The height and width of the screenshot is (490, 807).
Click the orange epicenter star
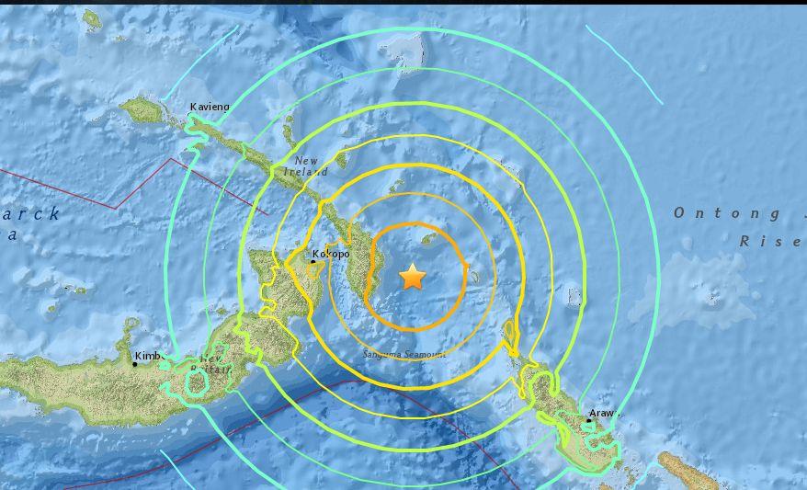pos(413,276)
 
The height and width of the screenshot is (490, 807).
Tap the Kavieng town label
pos(209,108)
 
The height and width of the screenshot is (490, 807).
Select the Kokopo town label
pos(331,254)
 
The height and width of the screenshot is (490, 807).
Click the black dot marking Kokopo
pos(313,261)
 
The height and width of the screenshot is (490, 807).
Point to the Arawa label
pos(604,414)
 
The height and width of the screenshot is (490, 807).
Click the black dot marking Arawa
pos(589,421)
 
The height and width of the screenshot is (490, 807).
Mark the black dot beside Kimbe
pos(134,364)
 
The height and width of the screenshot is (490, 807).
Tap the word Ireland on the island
pos(305,172)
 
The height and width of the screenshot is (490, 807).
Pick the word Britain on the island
pos(213,368)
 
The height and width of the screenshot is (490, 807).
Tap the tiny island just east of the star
pos(472,275)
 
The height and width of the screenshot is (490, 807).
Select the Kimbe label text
pos(148,356)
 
